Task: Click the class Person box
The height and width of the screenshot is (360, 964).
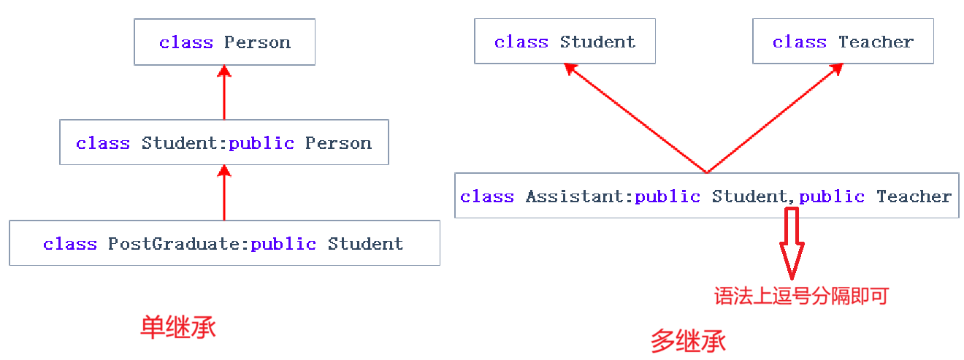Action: click(224, 42)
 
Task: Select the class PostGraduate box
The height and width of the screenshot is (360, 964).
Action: click(224, 242)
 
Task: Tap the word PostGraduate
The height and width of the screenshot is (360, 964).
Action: click(174, 243)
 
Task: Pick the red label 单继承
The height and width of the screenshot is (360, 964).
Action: click(177, 327)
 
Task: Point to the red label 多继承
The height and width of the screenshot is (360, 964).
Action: click(687, 341)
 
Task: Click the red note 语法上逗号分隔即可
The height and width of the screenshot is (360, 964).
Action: click(800, 296)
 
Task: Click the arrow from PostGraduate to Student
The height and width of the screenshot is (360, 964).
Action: click(224, 193)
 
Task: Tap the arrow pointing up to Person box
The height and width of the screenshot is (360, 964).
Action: click(224, 93)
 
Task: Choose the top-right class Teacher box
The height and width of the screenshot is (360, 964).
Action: click(843, 42)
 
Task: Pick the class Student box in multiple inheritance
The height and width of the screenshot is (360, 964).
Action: click(565, 42)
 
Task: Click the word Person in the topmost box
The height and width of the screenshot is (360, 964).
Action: click(257, 42)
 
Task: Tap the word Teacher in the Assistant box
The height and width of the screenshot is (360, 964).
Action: click(914, 196)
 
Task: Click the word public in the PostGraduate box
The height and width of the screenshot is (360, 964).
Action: click(283, 243)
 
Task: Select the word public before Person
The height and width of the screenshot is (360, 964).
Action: click(261, 143)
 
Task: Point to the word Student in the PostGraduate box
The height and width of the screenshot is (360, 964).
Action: click(365, 243)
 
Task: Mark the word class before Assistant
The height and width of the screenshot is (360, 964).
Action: click(486, 196)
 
